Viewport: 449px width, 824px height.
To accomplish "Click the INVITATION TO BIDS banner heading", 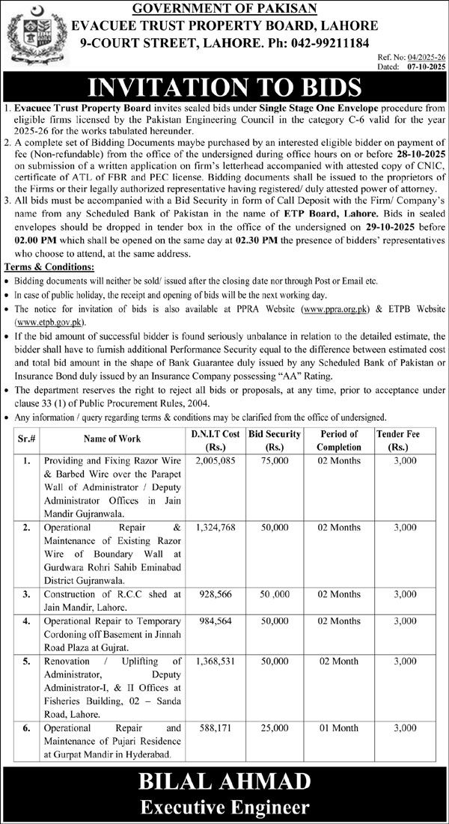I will pyautogui.click(x=224, y=87).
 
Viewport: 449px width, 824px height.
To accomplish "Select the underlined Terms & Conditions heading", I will pyautogui.click(x=49, y=266).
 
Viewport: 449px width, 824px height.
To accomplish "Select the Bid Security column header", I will pyautogui.click(x=275, y=439).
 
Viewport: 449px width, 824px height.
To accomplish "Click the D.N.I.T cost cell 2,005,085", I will pyautogui.click(x=216, y=463).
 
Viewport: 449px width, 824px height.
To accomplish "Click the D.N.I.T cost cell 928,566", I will pyautogui.click(x=216, y=593).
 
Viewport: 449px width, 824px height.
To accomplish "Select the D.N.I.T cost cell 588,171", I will pyautogui.click(x=216, y=727).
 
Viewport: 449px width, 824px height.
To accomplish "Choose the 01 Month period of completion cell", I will pyautogui.click(x=339, y=727).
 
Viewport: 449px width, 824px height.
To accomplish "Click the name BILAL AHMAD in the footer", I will pyautogui.click(x=224, y=782).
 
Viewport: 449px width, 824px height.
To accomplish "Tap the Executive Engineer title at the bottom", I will pyautogui.click(x=224, y=808).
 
